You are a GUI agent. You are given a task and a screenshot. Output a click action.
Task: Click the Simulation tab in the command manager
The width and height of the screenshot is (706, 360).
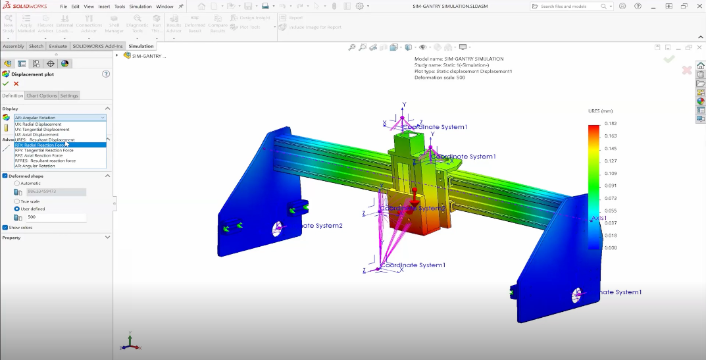(141, 46)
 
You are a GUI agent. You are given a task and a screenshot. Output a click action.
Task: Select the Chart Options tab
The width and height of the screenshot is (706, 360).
(41, 95)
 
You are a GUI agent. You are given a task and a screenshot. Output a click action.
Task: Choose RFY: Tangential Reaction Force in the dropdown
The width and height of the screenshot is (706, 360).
(44, 150)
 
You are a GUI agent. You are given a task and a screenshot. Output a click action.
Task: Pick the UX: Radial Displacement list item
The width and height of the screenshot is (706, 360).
(38, 124)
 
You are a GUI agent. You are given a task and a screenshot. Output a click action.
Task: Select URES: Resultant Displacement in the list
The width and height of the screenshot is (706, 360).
(45, 140)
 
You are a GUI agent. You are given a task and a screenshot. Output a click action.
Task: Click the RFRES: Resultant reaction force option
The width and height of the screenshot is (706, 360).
(45, 161)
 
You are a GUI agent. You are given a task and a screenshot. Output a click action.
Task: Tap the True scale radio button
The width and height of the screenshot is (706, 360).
(17, 201)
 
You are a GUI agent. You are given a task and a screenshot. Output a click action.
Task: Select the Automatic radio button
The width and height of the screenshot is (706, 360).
(17, 183)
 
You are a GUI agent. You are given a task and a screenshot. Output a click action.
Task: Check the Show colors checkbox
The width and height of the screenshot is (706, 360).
(5, 227)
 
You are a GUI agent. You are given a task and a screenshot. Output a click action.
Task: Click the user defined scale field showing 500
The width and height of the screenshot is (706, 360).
(55, 217)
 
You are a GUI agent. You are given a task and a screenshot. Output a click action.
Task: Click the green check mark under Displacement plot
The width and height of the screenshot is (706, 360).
(6, 84)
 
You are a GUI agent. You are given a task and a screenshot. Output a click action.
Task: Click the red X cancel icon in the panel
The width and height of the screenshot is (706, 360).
(16, 84)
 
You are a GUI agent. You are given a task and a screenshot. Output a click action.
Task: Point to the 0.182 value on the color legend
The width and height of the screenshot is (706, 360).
(611, 123)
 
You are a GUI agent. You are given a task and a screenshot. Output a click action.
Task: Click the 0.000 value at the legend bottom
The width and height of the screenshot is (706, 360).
(611, 247)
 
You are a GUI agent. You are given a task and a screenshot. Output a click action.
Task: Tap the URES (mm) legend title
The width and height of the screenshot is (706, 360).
(600, 111)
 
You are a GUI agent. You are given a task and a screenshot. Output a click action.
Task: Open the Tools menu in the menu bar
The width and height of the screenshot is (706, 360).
(120, 7)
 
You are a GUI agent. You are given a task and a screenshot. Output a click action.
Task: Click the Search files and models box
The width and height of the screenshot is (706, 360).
(569, 7)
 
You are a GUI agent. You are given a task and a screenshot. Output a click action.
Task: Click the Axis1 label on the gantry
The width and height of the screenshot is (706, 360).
(598, 217)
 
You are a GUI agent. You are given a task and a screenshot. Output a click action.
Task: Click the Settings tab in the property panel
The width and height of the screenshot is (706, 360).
(69, 95)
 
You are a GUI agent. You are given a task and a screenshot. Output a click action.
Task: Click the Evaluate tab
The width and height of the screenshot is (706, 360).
(58, 46)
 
